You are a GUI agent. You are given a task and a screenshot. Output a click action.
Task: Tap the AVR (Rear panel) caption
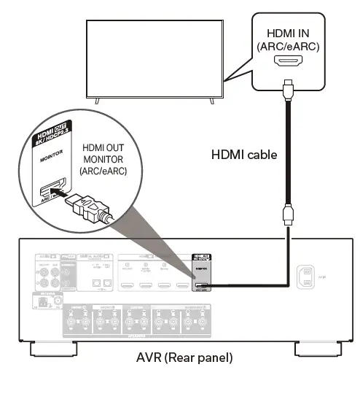pos(180,360)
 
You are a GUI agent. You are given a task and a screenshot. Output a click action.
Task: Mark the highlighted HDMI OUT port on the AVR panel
pos(202,285)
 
